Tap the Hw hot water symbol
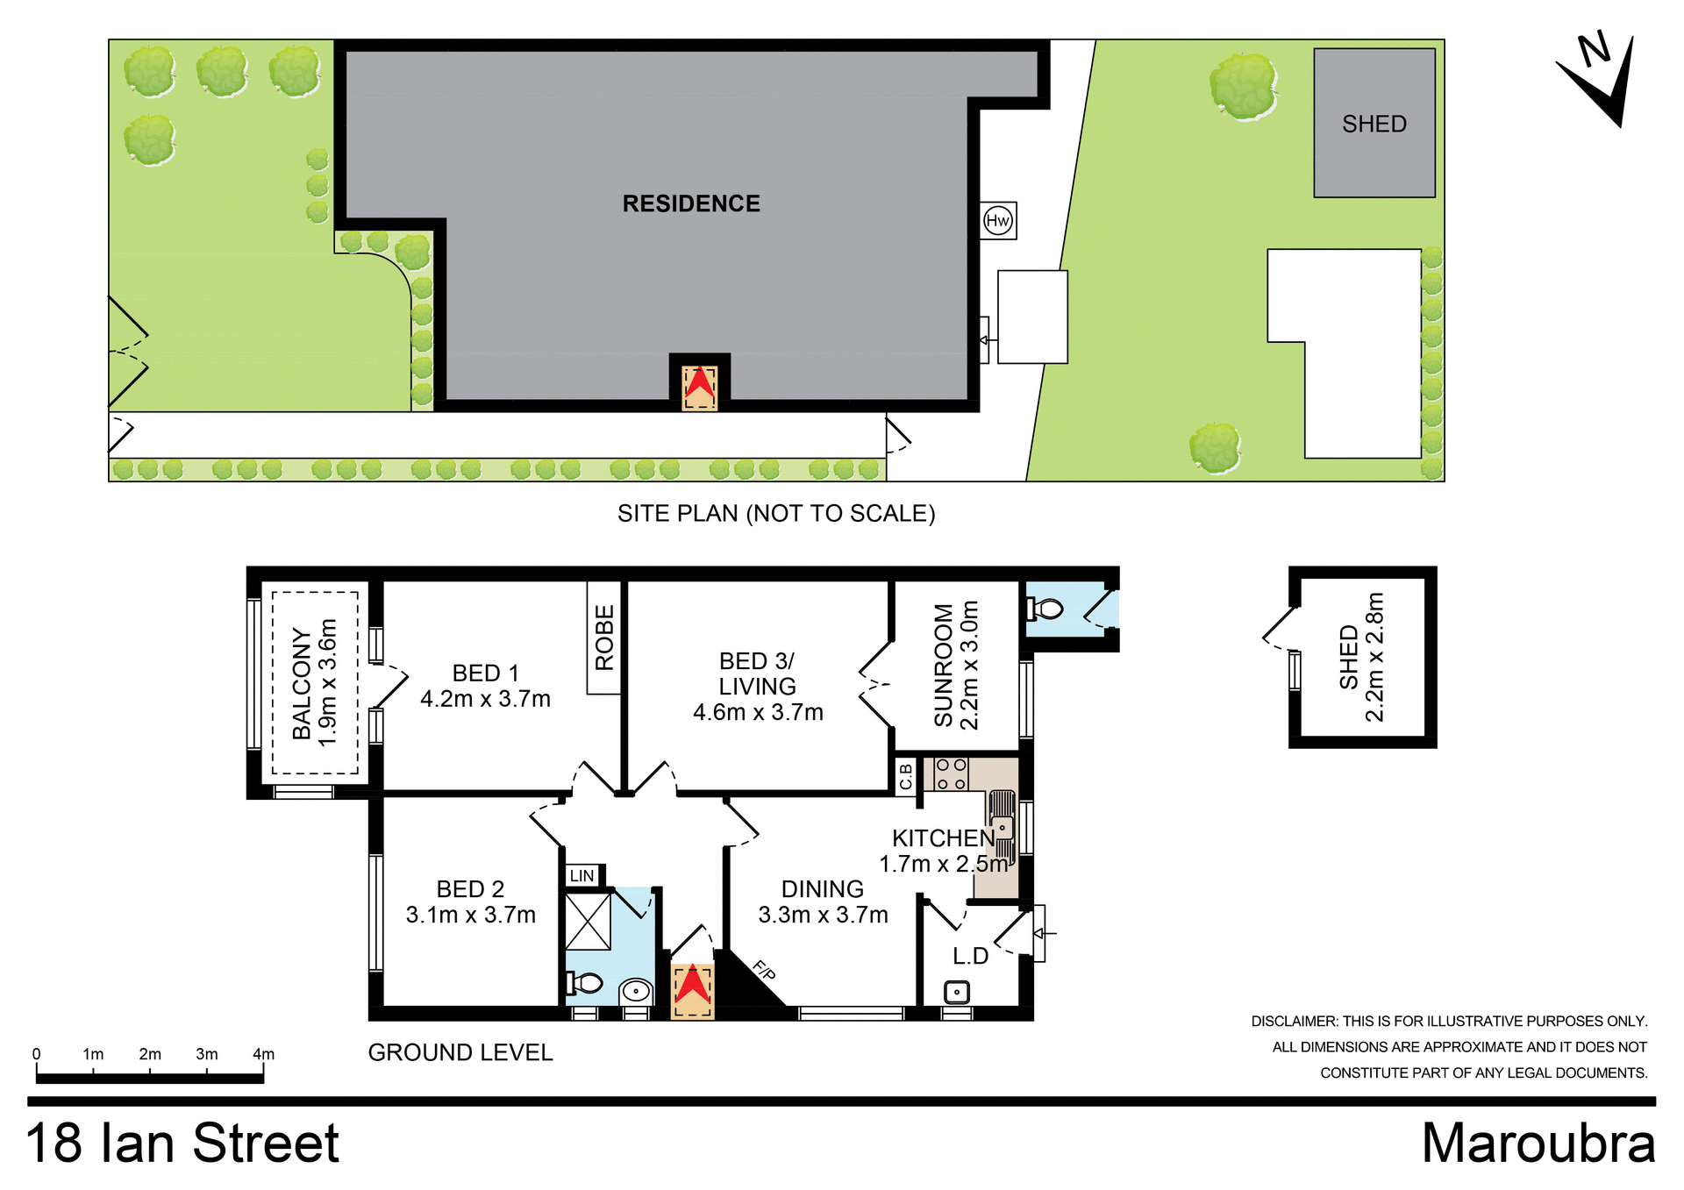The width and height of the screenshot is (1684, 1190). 998,220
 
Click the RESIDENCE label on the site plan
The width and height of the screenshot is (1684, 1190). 691,203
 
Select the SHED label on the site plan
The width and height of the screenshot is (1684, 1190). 1374,124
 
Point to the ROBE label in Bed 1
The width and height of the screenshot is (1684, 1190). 604,638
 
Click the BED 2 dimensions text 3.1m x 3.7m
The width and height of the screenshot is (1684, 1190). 470,915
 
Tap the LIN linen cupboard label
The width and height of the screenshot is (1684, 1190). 582,876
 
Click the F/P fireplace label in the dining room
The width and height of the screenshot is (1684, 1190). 764,970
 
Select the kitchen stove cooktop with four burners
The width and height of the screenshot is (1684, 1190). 951,774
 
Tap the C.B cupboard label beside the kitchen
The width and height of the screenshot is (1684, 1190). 906,776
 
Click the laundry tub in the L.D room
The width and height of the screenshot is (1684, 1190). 956,992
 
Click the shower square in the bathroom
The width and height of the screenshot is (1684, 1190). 587,921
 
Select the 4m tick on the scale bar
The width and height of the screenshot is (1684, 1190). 263,1055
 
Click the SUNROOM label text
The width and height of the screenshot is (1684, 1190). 944,665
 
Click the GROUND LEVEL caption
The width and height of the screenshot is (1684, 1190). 460,1052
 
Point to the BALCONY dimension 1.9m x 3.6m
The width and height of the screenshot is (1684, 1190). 328,682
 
